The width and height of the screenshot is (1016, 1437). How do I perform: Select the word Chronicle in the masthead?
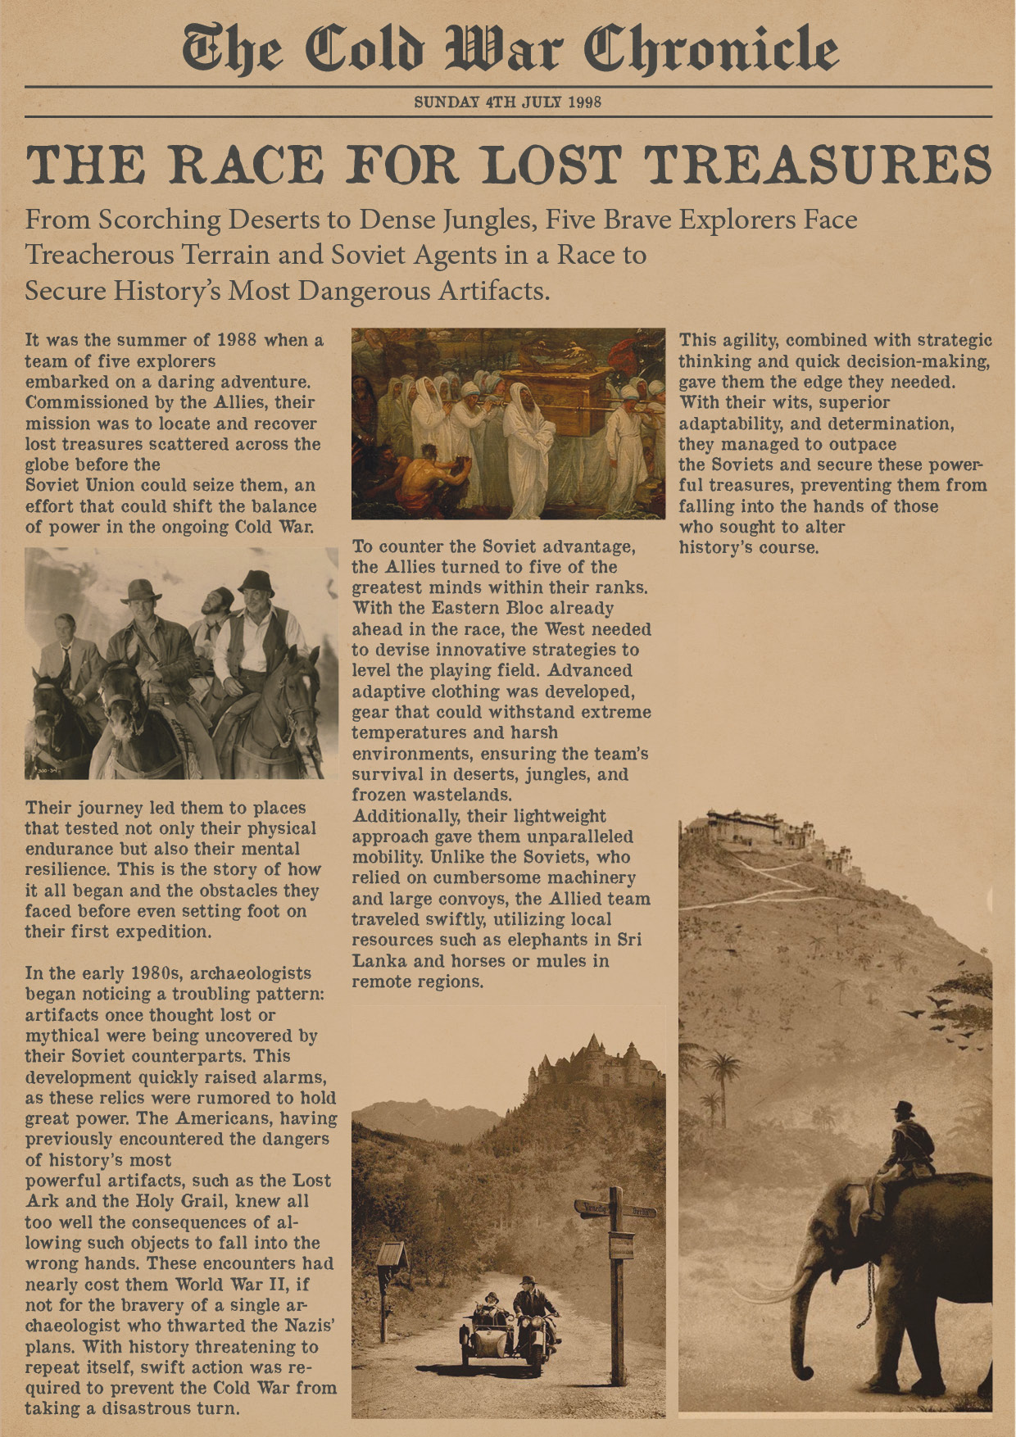click(x=710, y=51)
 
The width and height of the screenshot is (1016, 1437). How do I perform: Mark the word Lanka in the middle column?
click(x=384, y=961)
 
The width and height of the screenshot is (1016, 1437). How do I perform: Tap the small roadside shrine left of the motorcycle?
click(x=390, y=1257)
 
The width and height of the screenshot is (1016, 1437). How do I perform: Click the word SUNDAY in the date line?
click(x=447, y=102)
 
